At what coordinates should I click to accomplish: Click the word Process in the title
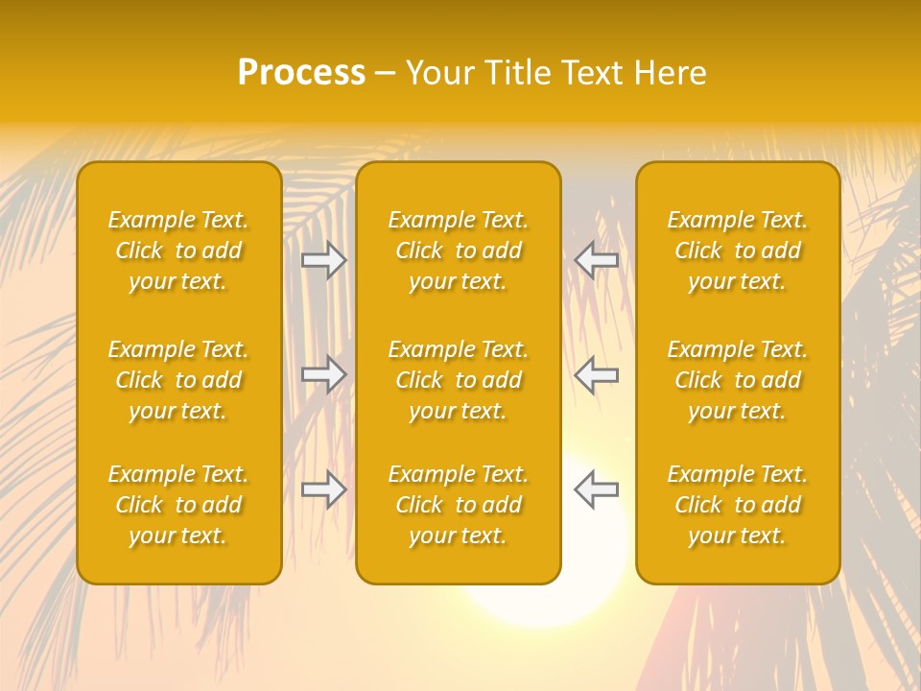pyautogui.click(x=301, y=73)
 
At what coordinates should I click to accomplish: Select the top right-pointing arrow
pyautogui.click(x=324, y=260)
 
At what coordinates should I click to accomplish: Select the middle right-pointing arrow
pyautogui.click(x=324, y=374)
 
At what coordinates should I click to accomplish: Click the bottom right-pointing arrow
pyautogui.click(x=324, y=489)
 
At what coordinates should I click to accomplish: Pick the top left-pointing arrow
pyautogui.click(x=596, y=260)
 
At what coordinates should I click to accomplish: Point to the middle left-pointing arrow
pyautogui.click(x=596, y=374)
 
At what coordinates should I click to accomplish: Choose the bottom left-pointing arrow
pyautogui.click(x=596, y=489)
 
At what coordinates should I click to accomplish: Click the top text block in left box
pyautogui.click(x=178, y=250)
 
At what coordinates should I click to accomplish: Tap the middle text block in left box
pyautogui.click(x=178, y=380)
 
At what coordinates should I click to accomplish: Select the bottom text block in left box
pyautogui.click(x=178, y=505)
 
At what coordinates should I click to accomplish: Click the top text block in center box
pyautogui.click(x=458, y=250)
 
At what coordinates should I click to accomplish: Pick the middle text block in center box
pyautogui.click(x=458, y=380)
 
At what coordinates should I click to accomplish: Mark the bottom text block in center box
pyautogui.click(x=458, y=505)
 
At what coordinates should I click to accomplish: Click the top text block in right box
pyautogui.click(x=738, y=250)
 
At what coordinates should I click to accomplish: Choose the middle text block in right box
pyautogui.click(x=738, y=380)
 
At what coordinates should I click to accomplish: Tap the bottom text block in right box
pyautogui.click(x=738, y=505)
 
